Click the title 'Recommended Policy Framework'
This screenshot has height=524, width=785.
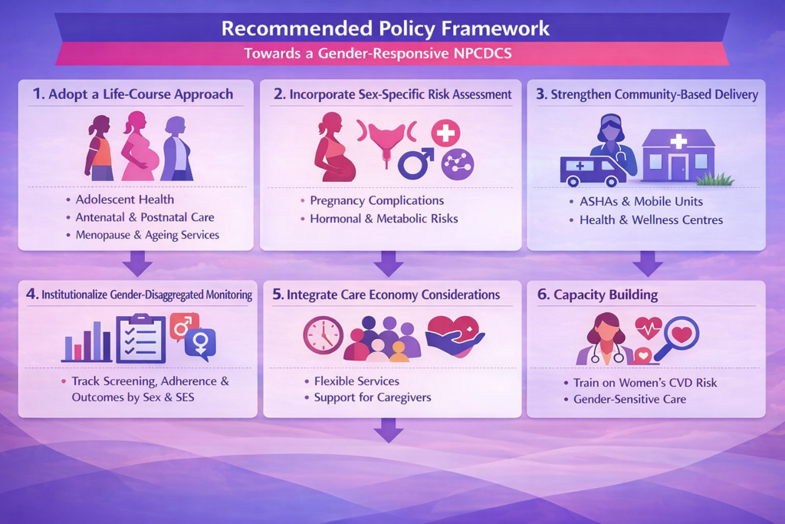[386, 28]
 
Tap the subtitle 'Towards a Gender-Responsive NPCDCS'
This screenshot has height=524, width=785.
[378, 54]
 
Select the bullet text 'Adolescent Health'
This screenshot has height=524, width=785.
[125, 199]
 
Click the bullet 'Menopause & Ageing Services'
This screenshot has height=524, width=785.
[147, 235]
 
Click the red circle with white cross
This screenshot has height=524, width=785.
[445, 133]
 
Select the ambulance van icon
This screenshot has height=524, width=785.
[593, 171]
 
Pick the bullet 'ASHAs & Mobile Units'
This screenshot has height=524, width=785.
[641, 201]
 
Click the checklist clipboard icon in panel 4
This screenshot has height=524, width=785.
[141, 338]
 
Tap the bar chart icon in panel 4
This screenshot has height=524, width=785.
[87, 341]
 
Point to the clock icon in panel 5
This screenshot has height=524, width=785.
[324, 335]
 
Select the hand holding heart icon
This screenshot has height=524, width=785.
[455, 335]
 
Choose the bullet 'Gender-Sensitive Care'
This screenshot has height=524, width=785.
[630, 399]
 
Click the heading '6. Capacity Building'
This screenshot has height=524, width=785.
[597, 295]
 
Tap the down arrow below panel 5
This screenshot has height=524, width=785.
[389, 430]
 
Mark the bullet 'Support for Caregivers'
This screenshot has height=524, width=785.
[373, 397]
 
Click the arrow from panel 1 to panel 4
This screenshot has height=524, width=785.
[137, 263]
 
